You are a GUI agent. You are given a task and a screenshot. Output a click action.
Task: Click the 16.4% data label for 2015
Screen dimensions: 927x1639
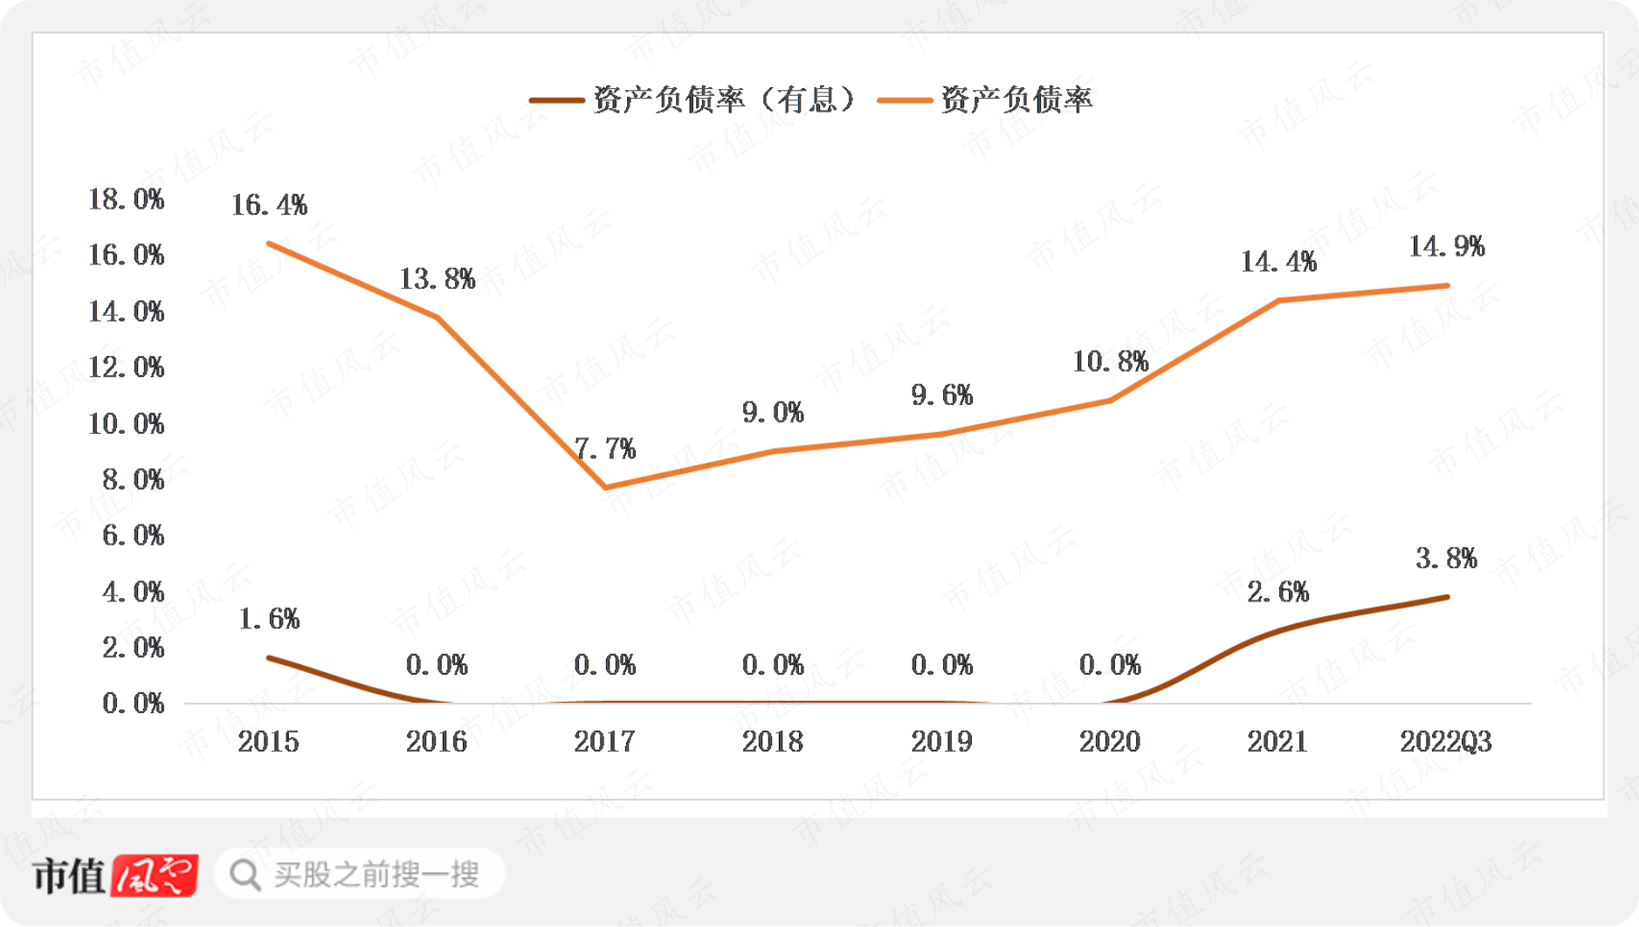(269, 205)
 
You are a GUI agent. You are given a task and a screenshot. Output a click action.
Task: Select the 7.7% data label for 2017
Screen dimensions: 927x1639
(605, 450)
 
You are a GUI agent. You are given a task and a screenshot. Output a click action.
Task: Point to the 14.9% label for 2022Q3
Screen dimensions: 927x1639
(1447, 246)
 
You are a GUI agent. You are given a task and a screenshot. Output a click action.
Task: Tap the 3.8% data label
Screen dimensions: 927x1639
(1447, 559)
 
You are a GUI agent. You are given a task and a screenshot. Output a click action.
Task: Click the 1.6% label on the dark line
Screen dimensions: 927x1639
(269, 619)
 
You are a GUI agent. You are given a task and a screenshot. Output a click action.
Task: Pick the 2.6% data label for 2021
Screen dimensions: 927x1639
(1278, 593)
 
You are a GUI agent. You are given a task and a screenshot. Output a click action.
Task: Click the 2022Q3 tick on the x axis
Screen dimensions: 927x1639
(1446, 742)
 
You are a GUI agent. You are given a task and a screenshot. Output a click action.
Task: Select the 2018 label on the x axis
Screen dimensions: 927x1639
(773, 742)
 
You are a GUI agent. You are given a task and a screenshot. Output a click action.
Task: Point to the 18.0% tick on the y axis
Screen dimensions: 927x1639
(126, 199)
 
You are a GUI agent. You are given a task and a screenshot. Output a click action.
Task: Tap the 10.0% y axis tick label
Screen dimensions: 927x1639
(126, 424)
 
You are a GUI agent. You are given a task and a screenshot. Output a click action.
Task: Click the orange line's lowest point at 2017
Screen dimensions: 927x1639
(605, 487)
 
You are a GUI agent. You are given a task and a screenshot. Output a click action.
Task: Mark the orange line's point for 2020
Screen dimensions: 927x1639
(1110, 401)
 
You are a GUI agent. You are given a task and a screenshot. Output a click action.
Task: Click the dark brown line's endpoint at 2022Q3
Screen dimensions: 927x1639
(1447, 597)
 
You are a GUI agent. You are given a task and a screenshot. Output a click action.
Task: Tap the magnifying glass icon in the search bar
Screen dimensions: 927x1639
(245, 874)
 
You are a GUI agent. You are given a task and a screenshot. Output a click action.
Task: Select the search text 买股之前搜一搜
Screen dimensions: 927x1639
(376, 874)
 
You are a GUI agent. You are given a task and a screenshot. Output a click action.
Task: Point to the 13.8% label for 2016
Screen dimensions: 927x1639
(437, 279)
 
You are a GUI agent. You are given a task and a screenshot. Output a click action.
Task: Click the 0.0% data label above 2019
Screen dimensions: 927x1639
(941, 665)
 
